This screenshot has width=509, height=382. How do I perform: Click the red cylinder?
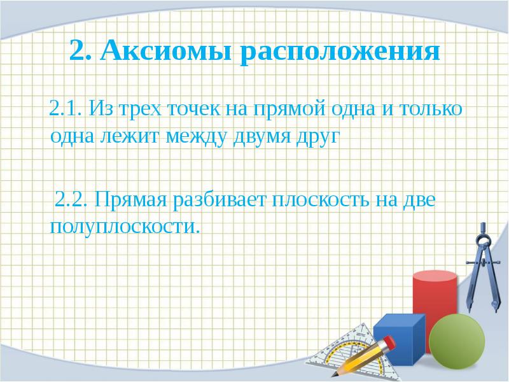(x=435, y=299)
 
